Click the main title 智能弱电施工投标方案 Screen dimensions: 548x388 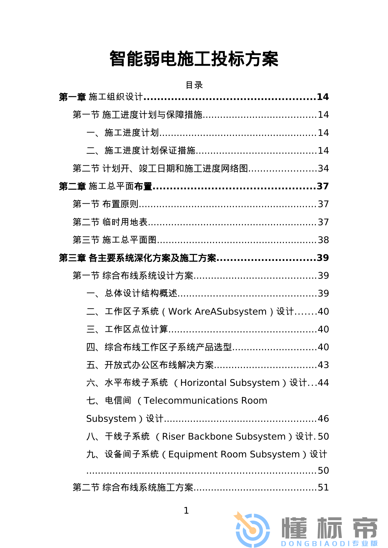click(x=194, y=59)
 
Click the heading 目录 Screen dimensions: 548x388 click(x=194, y=85)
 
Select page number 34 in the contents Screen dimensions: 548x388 click(x=323, y=168)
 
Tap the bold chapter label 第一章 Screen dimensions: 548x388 click(x=72, y=97)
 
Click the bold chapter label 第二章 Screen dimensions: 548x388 click(x=72, y=186)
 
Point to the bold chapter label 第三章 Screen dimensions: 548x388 click(x=72, y=258)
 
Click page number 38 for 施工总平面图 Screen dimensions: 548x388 click(x=323, y=240)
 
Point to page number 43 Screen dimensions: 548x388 click(x=323, y=365)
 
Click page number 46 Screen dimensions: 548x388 click(x=323, y=419)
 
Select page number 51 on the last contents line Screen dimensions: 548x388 click(x=323, y=487)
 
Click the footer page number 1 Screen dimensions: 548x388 click(x=186, y=511)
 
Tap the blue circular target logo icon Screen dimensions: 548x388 click(x=253, y=530)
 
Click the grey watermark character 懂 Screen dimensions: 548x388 click(x=294, y=528)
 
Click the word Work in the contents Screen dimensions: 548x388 click(x=180, y=311)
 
